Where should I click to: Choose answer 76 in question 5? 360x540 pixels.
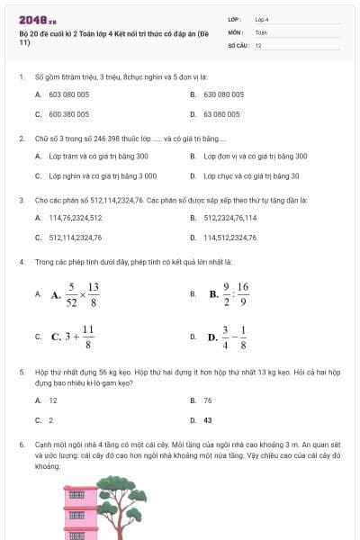point(208,400)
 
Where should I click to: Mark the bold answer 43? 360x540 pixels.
point(208,419)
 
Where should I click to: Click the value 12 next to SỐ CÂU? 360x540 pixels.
point(258,44)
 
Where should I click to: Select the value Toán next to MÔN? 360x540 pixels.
point(261,31)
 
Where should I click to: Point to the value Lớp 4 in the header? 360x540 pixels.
point(262,18)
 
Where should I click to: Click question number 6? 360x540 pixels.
point(21,445)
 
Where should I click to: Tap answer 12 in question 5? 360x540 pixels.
point(53,400)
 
